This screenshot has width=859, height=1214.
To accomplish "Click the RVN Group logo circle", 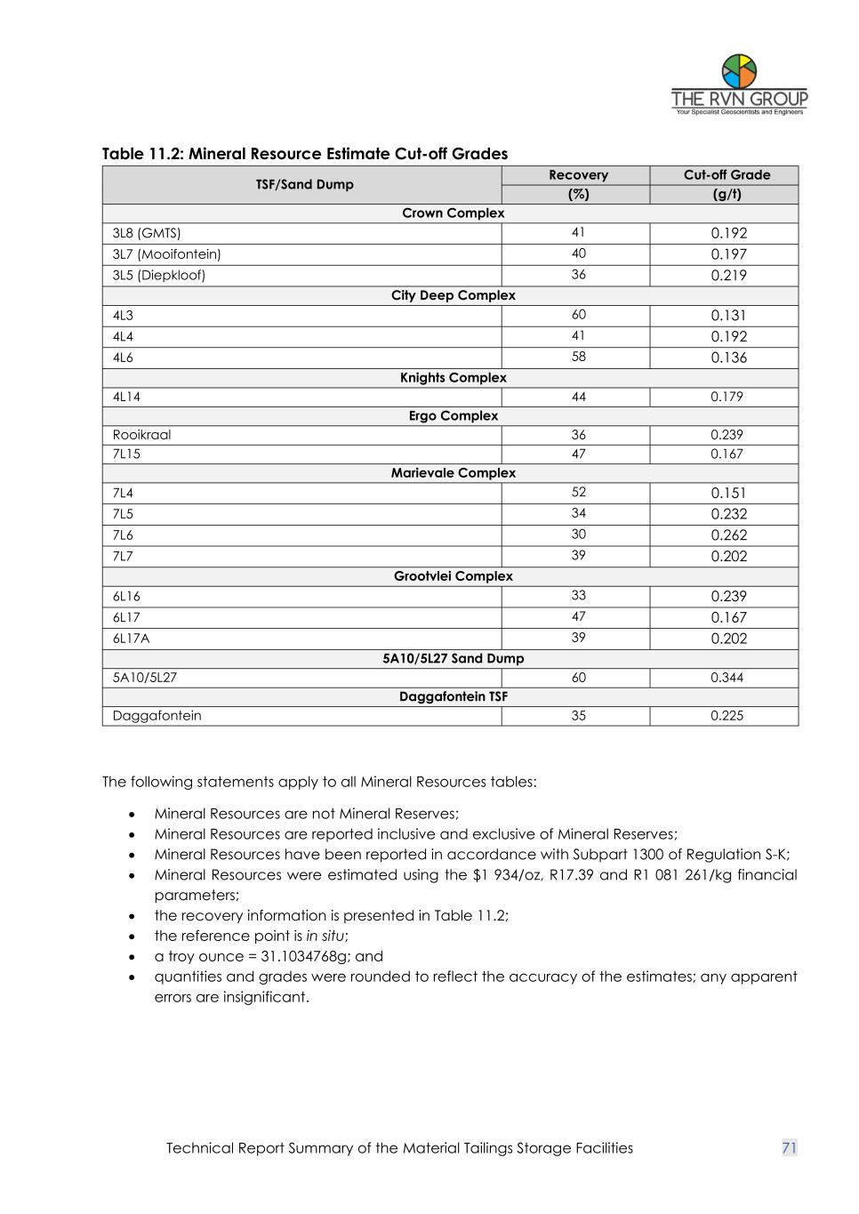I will point(739,71).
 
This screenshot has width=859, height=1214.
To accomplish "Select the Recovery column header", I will point(578,175).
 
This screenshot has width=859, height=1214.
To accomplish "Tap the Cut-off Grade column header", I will point(727,175).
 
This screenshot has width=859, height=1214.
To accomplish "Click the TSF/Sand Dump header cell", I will point(304,185).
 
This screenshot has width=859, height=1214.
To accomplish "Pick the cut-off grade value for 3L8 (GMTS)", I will point(728,233).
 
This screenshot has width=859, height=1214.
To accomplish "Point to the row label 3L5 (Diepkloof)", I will point(159,275).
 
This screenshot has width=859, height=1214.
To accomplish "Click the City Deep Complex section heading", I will point(453,295).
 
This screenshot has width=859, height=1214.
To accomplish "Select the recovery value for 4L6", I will point(578,357).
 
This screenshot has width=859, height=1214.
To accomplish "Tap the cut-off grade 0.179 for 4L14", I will point(727,397).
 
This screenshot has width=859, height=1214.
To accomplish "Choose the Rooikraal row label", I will point(142,435).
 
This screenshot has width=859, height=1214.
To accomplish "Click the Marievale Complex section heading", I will point(453,473).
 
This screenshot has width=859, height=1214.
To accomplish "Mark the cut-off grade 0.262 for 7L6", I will point(728,535).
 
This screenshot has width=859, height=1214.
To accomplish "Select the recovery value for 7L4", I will point(578,493).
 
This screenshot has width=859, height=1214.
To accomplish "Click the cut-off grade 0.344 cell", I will point(727,678).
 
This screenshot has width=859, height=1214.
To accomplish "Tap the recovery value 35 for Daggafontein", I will point(578,716).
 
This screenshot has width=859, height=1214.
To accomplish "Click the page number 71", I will point(789,1148).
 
